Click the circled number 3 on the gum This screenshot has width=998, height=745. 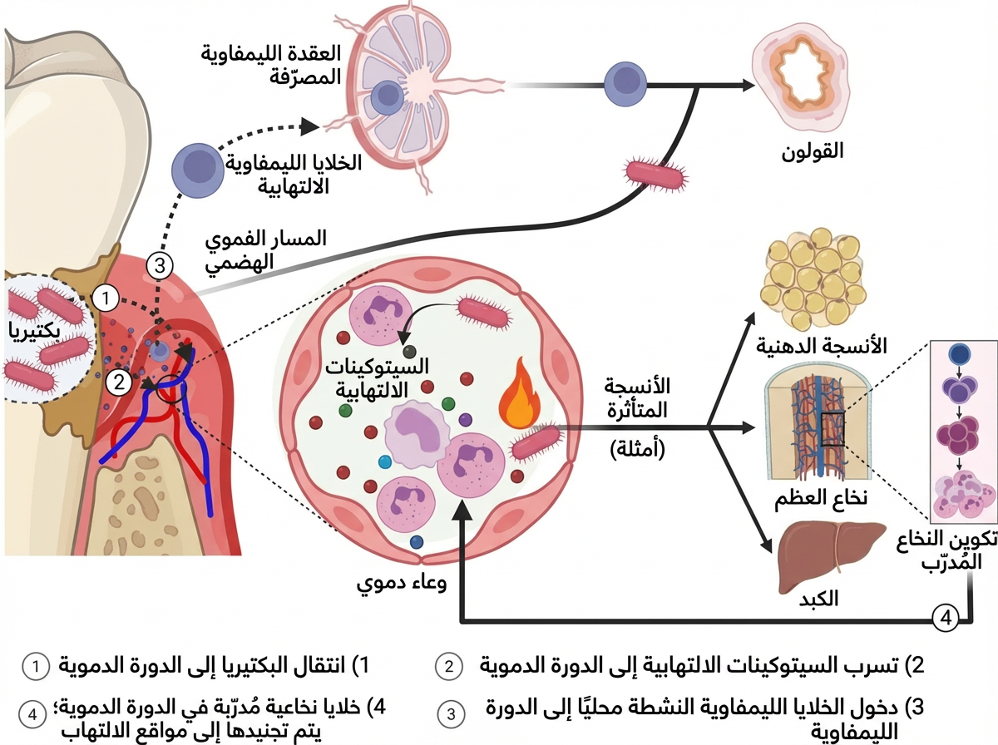(x=160, y=266)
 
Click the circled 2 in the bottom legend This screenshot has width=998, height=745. (x=449, y=666)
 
